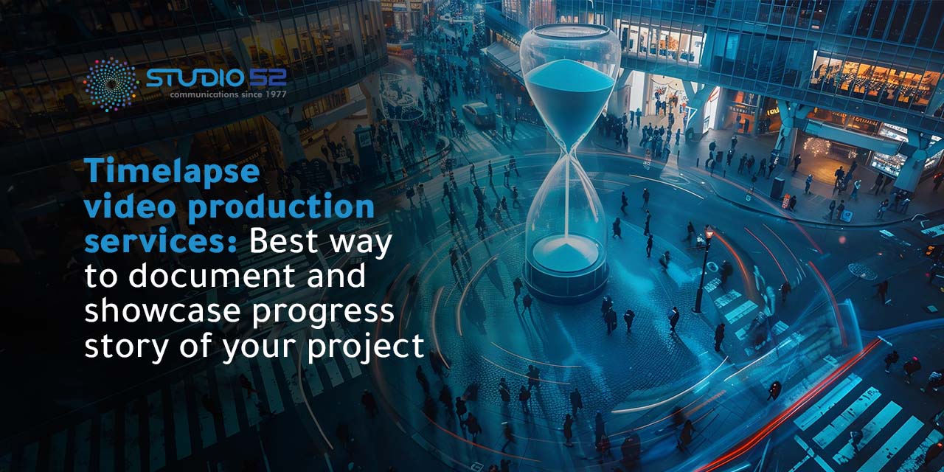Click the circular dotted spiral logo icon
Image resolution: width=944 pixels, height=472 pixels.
tap(111, 85)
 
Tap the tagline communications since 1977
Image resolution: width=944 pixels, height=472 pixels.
tap(227, 94)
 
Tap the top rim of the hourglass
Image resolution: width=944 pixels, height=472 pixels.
tap(570, 31)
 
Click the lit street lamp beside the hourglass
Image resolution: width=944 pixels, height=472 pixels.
tap(709, 235)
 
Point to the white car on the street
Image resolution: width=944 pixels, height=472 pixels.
tap(479, 114)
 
